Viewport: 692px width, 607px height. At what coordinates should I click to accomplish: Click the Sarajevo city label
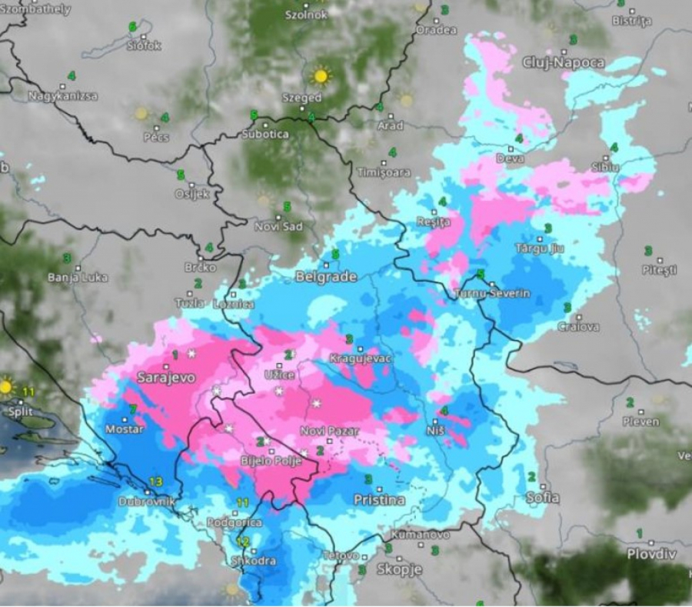[x=165, y=378]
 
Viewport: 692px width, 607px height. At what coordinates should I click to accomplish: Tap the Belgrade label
[x=326, y=277]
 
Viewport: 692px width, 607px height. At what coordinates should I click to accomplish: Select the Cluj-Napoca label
[x=563, y=62]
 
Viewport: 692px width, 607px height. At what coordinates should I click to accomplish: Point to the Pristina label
[x=378, y=500]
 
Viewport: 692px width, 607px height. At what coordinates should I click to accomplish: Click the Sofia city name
[x=542, y=497]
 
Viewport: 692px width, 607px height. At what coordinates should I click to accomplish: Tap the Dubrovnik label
[x=148, y=502]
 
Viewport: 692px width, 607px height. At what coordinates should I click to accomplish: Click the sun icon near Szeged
[x=320, y=75]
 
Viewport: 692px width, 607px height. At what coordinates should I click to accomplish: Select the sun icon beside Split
[x=7, y=386]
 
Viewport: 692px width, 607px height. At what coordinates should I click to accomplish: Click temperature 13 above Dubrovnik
[x=156, y=482]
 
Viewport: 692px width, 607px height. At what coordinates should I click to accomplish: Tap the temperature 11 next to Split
[x=29, y=392]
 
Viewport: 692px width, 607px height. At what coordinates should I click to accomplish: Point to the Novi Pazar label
[x=329, y=432]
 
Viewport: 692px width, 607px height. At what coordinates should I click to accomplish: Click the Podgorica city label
[x=234, y=522]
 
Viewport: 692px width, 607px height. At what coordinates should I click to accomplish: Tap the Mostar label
[x=124, y=429]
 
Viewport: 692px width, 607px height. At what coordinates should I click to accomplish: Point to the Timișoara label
[x=384, y=173]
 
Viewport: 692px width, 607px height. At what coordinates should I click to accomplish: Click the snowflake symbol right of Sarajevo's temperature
[x=191, y=353]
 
